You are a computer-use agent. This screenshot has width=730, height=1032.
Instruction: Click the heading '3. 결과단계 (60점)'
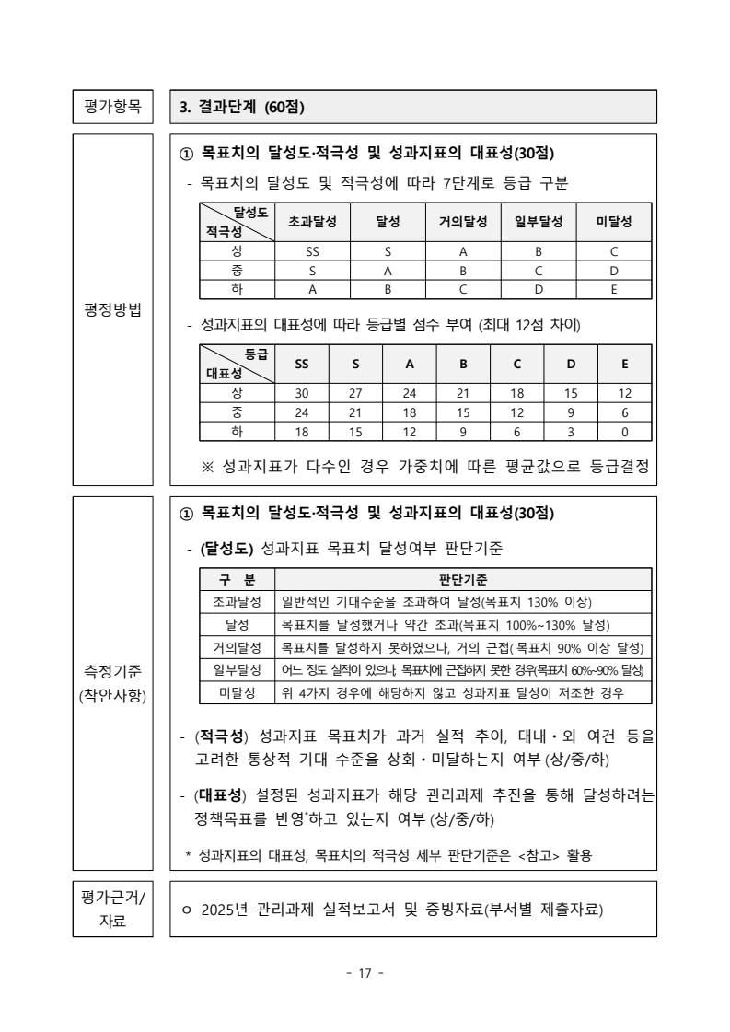(241, 108)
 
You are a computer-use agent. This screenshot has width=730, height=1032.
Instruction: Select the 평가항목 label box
(114, 107)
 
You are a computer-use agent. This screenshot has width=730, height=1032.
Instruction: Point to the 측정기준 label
(114, 669)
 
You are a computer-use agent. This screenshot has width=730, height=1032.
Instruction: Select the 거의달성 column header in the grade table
(463, 222)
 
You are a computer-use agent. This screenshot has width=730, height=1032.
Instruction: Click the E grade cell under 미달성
(613, 288)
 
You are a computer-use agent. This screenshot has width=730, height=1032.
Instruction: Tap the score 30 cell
(302, 393)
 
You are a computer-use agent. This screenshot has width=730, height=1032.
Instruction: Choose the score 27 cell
(355, 393)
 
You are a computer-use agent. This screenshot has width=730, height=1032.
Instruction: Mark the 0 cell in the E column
(625, 431)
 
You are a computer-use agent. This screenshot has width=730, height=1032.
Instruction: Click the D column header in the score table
(571, 364)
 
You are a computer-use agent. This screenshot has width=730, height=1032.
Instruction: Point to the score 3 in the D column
(571, 431)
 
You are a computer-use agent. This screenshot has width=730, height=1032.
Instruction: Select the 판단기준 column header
(464, 580)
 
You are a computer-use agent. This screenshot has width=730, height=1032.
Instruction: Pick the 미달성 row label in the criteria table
(238, 692)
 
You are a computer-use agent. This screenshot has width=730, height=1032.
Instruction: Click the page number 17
(365, 974)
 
